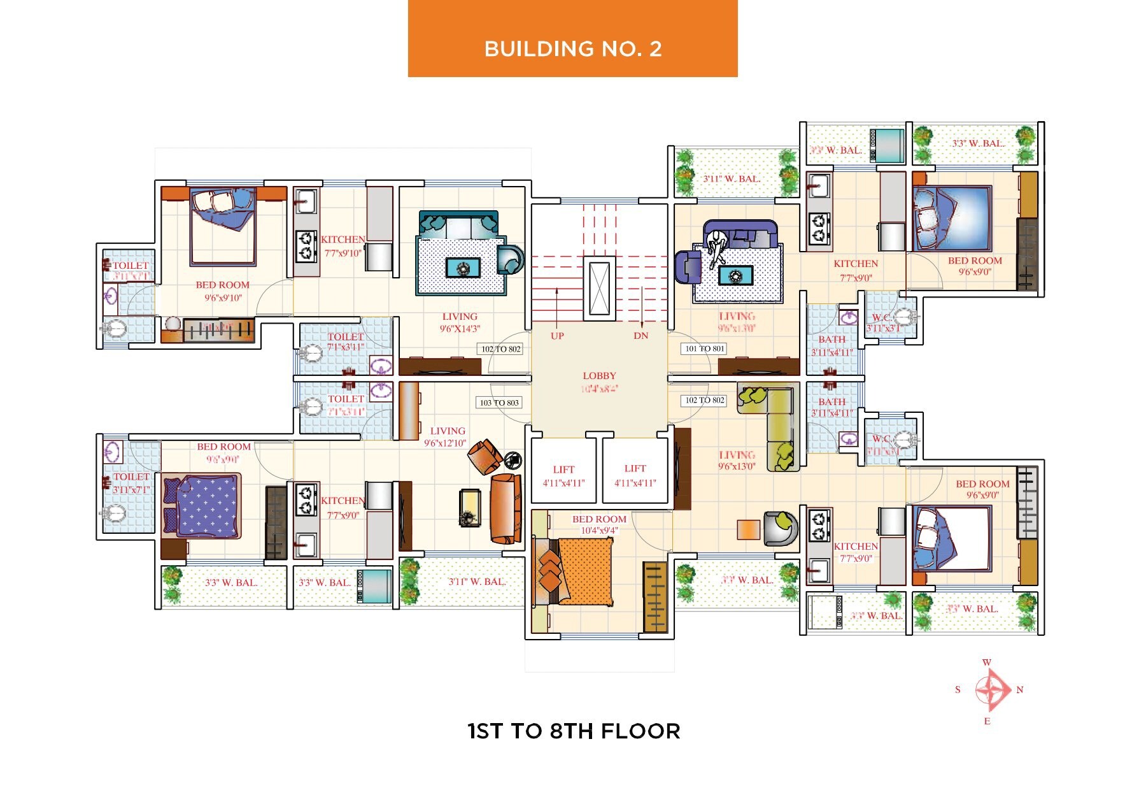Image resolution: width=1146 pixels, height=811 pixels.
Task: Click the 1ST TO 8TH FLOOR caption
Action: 574,731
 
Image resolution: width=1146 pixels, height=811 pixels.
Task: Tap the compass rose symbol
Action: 991,690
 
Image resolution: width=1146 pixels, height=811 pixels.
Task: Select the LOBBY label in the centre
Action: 599,376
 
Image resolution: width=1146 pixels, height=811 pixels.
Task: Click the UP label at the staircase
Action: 557,336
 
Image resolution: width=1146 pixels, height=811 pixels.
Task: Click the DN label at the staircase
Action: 640,336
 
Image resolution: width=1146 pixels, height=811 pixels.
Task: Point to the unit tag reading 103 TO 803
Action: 499,403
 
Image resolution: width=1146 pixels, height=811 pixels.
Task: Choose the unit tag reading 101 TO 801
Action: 704,348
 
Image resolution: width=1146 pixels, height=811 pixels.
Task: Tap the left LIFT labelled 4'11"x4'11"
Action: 563,476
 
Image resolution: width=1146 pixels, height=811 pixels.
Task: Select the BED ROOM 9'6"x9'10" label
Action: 223,291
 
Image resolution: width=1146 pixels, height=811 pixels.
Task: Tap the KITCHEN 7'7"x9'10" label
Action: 343,246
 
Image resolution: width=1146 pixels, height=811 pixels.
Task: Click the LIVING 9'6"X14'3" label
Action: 460,322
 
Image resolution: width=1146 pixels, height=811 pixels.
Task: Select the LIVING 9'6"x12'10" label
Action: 447,436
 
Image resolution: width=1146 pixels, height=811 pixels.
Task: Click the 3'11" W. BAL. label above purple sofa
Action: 732,179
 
